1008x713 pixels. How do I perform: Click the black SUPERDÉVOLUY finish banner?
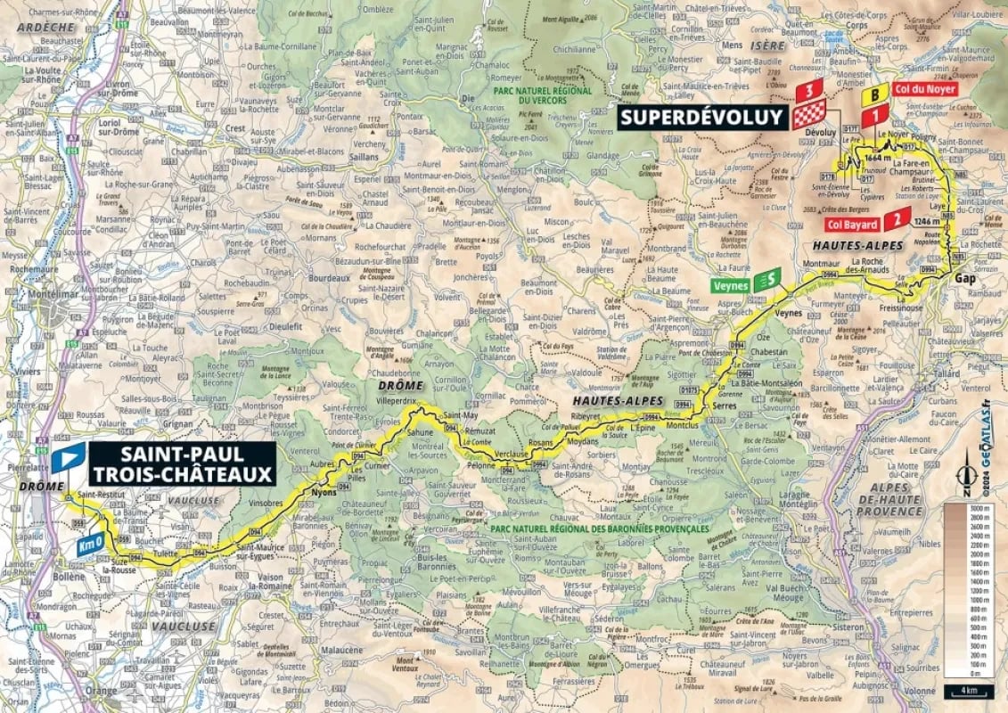[x=701, y=117]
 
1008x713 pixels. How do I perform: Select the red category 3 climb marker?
[x=808, y=90]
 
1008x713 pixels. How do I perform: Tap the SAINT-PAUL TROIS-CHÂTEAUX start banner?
[x=182, y=464]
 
